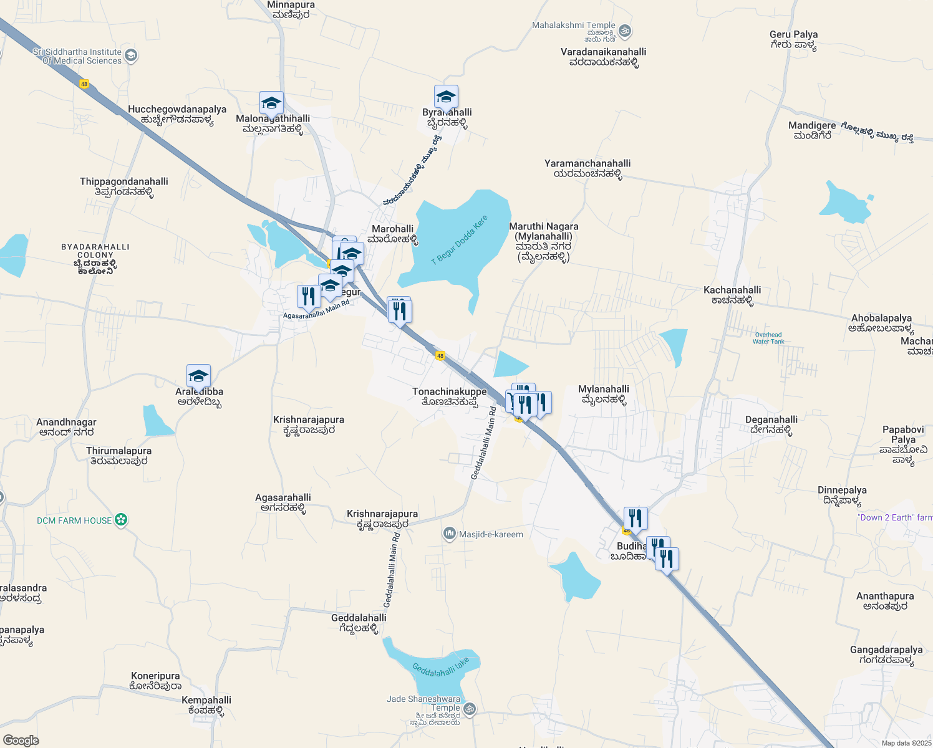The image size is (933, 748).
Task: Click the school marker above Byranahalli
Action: pyautogui.click(x=446, y=97)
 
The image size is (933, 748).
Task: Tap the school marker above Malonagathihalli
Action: pyautogui.click(x=271, y=103)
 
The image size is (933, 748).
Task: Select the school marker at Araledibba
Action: pyautogui.click(x=198, y=376)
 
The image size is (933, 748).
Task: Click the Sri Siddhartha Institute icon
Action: pyautogui.click(x=131, y=56)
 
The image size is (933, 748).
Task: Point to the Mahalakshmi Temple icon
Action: pyautogui.click(x=625, y=31)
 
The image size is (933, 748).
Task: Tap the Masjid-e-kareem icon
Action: pyautogui.click(x=449, y=534)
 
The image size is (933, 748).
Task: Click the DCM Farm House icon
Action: pyautogui.click(x=122, y=520)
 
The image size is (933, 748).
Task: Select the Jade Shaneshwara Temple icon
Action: pyautogui.click(x=470, y=709)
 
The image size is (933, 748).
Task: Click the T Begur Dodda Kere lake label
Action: pyautogui.click(x=460, y=240)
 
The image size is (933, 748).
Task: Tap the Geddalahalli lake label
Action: pyautogui.click(x=440, y=668)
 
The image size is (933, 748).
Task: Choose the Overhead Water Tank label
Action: pyautogui.click(x=768, y=338)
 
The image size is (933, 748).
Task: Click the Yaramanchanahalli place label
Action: pyautogui.click(x=587, y=168)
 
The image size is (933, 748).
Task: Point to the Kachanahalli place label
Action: pyautogui.click(x=732, y=295)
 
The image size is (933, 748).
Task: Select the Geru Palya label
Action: pyautogui.click(x=793, y=39)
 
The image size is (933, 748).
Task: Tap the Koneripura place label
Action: pyautogui.click(x=155, y=681)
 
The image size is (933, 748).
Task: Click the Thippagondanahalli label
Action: pyautogui.click(x=124, y=186)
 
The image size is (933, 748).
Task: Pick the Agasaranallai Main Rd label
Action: pyautogui.click(x=316, y=310)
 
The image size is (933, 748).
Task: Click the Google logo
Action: pyautogui.click(x=21, y=741)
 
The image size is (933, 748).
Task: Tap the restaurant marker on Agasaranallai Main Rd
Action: pyautogui.click(x=308, y=297)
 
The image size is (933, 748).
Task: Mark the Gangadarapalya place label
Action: pyautogui.click(x=886, y=654)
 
